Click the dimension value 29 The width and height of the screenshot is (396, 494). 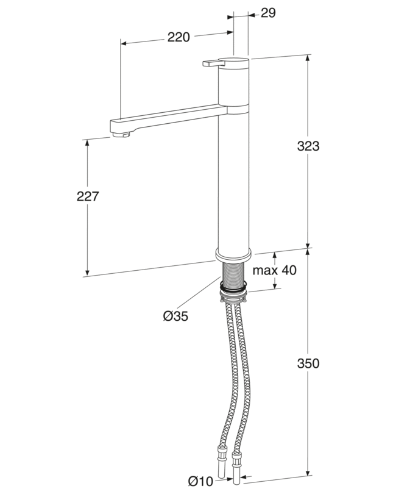[268, 13]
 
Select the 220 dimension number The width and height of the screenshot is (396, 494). [179, 37]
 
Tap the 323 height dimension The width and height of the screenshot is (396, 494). [308, 146]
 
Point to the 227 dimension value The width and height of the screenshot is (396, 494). [88, 196]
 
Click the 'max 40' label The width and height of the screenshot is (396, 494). [275, 270]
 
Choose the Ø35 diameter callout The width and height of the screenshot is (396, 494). [175, 316]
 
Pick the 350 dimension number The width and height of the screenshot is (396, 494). [308, 363]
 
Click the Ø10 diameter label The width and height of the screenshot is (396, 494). [200, 481]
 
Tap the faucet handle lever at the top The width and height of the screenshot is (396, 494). [214, 63]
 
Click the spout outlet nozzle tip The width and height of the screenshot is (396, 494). [121, 135]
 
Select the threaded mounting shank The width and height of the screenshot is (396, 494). [233, 274]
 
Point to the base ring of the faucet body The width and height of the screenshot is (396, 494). [233, 254]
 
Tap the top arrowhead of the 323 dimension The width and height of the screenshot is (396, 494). [308, 59]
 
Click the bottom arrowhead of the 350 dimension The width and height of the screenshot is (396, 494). [308, 481]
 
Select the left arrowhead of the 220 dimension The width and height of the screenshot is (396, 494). [124, 43]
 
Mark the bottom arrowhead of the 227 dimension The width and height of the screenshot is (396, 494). [87, 272]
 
